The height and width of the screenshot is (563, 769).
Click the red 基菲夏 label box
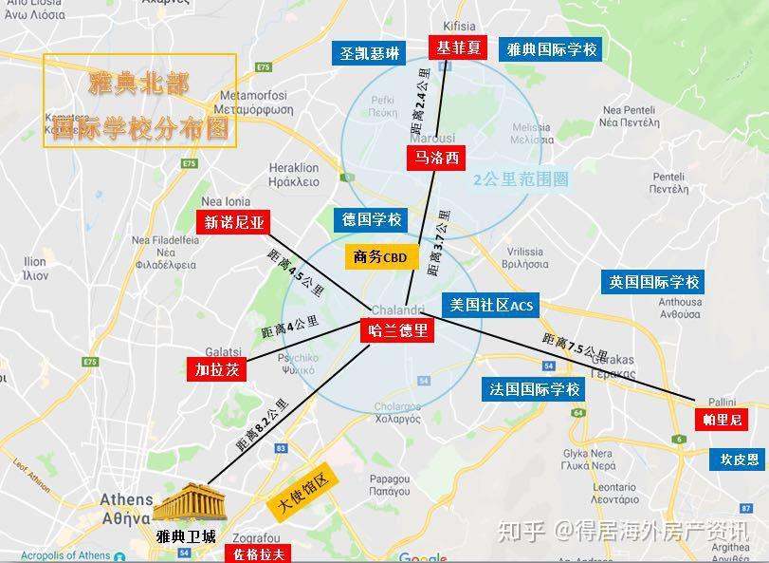point(459,48)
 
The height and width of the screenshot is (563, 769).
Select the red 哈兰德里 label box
point(397,331)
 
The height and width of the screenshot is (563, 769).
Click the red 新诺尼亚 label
point(232,223)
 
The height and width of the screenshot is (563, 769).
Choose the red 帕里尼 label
point(723,419)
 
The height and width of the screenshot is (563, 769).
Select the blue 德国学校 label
point(372,219)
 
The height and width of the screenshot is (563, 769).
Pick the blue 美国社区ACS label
point(492,305)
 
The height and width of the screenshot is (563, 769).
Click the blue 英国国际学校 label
point(654,282)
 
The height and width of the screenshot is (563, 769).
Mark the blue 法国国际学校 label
point(534,389)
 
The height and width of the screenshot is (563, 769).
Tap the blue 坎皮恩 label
point(739,459)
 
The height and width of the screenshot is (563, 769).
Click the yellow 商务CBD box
point(379,256)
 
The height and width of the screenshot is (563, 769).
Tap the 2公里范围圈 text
point(521,178)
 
